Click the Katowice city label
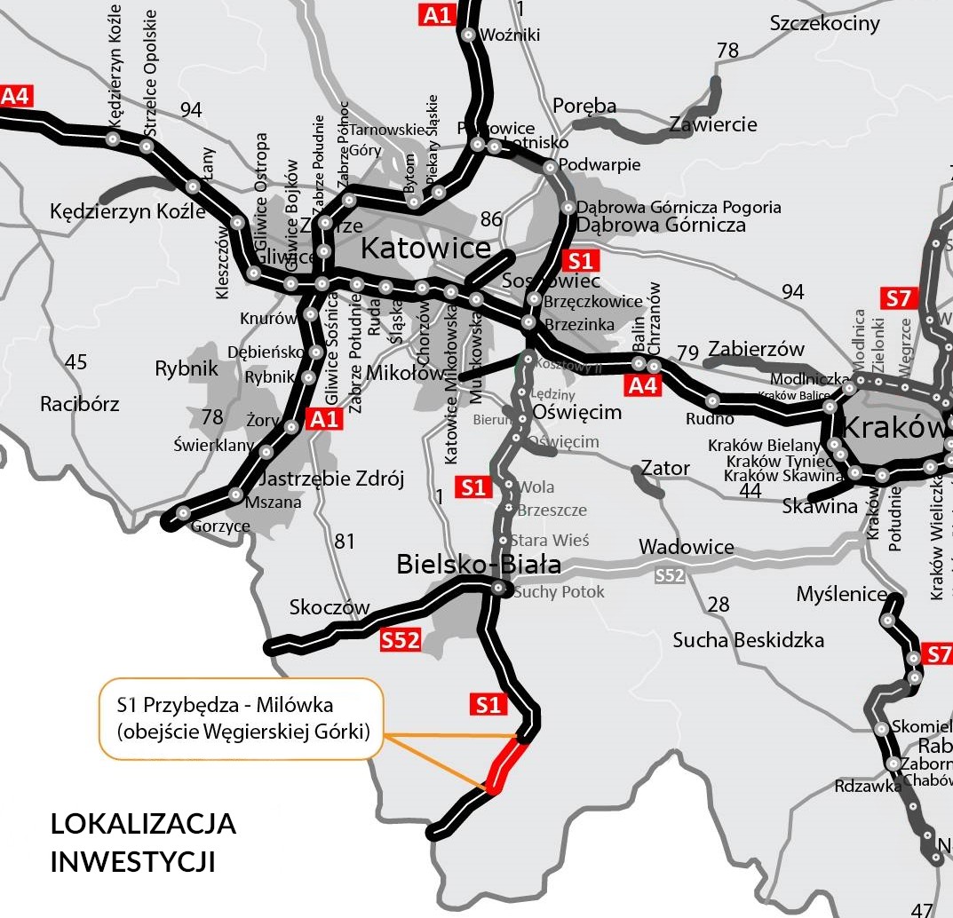[425, 249]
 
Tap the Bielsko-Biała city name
[478, 564]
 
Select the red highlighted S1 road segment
[507, 764]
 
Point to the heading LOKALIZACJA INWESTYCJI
[143, 842]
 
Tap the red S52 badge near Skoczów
[401, 640]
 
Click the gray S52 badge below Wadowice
[671, 575]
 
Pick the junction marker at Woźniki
[468, 36]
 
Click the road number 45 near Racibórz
[76, 362]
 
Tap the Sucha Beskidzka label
[748, 640]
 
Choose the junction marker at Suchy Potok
[498, 588]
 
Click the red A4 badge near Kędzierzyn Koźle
[16, 96]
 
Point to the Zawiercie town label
[713, 124]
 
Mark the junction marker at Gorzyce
[183, 513]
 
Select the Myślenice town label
[841, 594]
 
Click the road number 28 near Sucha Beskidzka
[718, 605]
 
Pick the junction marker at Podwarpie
[550, 166]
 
